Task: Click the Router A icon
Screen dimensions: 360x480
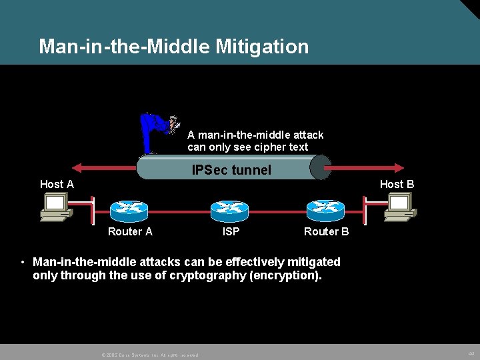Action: pyautogui.click(x=129, y=210)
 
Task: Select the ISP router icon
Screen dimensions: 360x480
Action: pyautogui.click(x=229, y=210)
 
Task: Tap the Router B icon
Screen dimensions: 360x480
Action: pyautogui.click(x=325, y=210)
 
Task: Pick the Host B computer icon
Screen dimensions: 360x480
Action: pyautogui.click(x=400, y=206)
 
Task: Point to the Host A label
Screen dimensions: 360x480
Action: pyautogui.click(x=57, y=184)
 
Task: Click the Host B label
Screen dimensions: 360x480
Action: pyautogui.click(x=397, y=184)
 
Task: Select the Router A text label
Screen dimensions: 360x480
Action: pyautogui.click(x=130, y=231)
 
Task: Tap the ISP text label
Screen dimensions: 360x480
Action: pyautogui.click(x=231, y=231)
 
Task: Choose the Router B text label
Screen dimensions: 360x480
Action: pyautogui.click(x=326, y=231)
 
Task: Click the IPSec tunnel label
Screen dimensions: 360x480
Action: pyautogui.click(x=231, y=170)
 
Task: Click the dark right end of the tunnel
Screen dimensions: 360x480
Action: pyautogui.click(x=320, y=167)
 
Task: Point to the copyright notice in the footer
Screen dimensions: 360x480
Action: pyautogui.click(x=149, y=355)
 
